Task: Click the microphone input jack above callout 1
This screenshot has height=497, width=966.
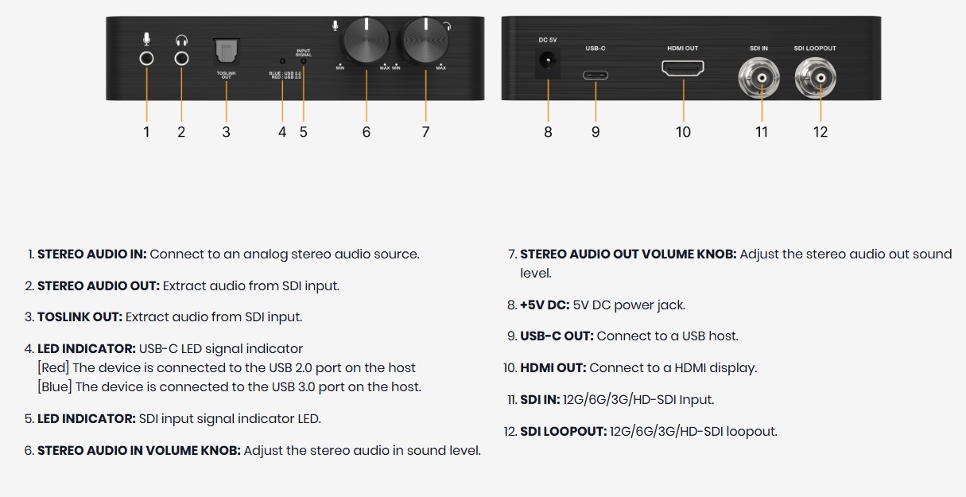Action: click(146, 58)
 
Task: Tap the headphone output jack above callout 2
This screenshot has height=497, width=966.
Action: click(181, 58)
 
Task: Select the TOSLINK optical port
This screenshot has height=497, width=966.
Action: click(226, 52)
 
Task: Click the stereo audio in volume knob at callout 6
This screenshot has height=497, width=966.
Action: click(367, 40)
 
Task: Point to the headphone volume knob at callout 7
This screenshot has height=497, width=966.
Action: click(425, 40)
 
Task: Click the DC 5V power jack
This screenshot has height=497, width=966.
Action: click(548, 60)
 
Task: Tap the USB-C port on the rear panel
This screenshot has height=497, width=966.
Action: click(596, 75)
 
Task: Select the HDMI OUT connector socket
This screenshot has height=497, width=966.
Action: click(683, 68)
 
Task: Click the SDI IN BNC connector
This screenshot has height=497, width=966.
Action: click(759, 78)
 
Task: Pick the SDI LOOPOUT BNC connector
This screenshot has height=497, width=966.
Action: click(815, 78)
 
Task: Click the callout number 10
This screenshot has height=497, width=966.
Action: click(683, 132)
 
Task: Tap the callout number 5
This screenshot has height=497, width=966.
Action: click(304, 132)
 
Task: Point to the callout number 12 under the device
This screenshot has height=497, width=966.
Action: click(821, 132)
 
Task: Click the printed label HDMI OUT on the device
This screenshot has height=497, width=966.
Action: click(683, 49)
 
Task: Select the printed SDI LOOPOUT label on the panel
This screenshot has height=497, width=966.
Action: click(815, 49)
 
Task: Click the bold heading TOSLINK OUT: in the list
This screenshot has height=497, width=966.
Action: click(80, 317)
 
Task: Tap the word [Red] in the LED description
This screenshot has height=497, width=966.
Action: click(53, 367)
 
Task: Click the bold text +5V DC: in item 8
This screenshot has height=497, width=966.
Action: click(545, 305)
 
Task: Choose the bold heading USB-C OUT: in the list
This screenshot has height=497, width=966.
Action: click(557, 336)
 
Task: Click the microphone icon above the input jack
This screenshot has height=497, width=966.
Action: click(146, 39)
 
